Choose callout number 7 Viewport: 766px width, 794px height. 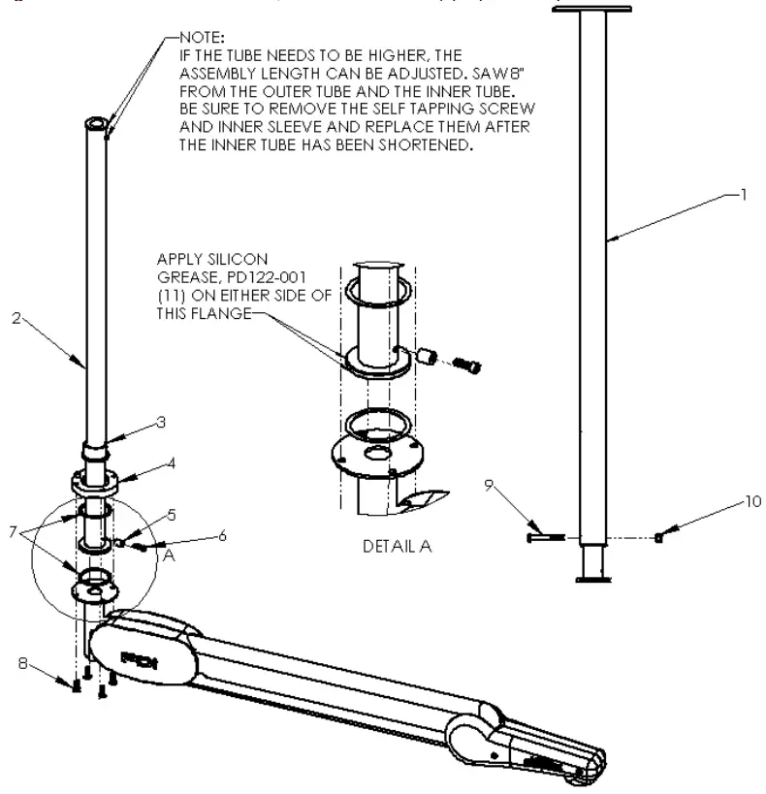[12, 531]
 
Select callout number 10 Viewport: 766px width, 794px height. [753, 501]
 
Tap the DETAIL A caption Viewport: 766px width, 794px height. [397, 547]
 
